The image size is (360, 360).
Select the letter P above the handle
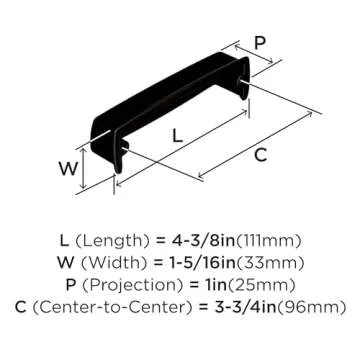click(260, 44)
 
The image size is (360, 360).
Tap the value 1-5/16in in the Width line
click(209, 263)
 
